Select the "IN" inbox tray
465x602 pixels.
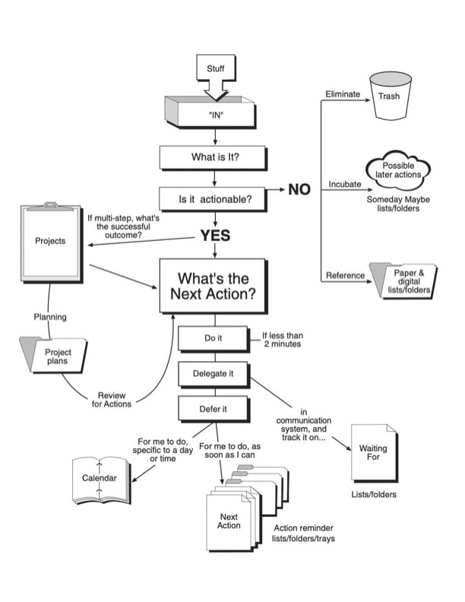coord(210,112)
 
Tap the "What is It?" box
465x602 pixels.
coord(214,157)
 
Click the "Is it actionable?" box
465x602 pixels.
coord(214,199)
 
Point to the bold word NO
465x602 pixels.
coord(299,189)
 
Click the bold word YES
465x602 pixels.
coord(215,236)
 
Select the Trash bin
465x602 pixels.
coord(390,97)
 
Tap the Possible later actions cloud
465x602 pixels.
coord(398,170)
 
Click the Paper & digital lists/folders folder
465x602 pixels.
coord(403,281)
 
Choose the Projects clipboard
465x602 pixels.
coord(52,242)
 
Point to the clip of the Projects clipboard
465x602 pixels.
coord(51,207)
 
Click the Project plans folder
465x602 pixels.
coord(54,356)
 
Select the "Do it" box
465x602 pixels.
coord(214,339)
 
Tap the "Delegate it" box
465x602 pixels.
coord(214,374)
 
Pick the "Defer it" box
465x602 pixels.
coord(214,410)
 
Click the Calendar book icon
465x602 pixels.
coord(101,480)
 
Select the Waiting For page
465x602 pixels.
coord(375,453)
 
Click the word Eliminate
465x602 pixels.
coord(343,94)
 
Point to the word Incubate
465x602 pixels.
coord(344,184)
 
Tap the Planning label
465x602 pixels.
coord(50,317)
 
